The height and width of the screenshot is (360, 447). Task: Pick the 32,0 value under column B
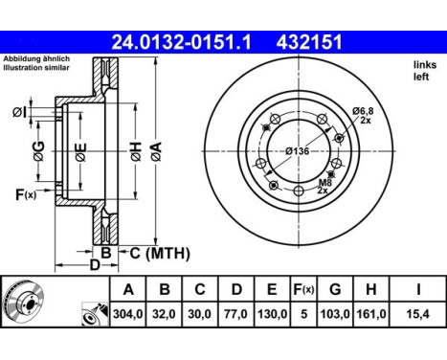165,313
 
